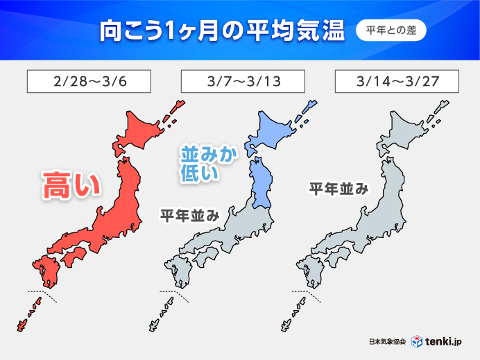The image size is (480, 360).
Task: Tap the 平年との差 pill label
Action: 391,32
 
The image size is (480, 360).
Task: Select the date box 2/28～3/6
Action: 88,82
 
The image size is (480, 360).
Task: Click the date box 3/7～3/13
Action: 241,82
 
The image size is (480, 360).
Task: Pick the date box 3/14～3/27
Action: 395,82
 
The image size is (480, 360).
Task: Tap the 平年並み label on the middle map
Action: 190,216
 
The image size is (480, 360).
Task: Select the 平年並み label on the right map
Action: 338,189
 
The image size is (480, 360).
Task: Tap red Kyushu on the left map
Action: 44,270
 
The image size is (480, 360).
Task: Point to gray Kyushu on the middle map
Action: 178,270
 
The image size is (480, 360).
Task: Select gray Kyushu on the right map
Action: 309,270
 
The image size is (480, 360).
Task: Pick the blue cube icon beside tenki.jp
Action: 418,341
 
